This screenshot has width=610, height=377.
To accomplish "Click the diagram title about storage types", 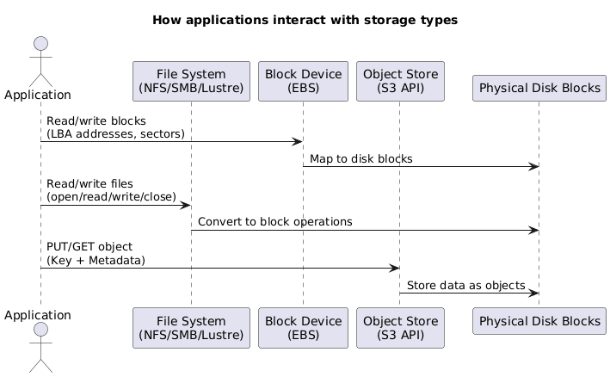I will tap(305, 19).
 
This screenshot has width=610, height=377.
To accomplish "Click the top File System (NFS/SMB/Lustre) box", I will tap(191, 81).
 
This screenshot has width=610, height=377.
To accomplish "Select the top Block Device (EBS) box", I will tap(302, 81).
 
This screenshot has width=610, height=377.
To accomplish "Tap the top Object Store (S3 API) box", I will tap(400, 81).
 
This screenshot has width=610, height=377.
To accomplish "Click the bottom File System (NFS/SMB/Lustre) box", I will tap(191, 327).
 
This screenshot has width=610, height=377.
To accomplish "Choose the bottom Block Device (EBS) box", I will tap(302, 327).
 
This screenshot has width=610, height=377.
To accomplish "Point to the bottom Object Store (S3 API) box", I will tap(400, 327).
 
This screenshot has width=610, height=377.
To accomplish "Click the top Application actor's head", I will tap(40, 45).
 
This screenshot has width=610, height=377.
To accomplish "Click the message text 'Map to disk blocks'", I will tap(361, 159).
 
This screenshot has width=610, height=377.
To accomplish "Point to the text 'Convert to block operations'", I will tap(274, 221).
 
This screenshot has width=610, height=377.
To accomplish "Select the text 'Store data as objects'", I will tap(465, 285).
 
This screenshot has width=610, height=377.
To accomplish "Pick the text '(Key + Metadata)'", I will tap(96, 260).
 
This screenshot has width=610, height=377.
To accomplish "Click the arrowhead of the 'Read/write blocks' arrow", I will tap(297, 141).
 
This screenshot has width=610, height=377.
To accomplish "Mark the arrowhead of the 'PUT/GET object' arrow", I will tap(394, 268).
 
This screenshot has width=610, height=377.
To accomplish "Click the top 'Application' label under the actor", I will tap(37, 95).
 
